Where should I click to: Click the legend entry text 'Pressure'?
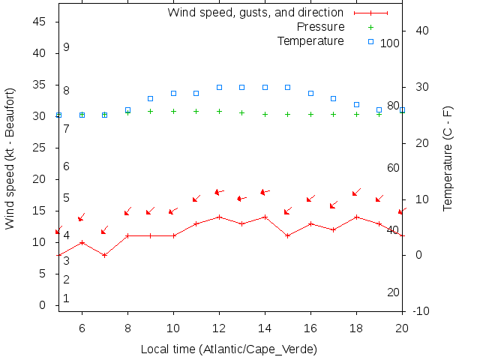pyautogui.click(x=320, y=27)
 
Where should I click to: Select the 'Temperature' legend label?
pyautogui.click(x=310, y=40)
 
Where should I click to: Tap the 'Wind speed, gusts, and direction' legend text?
pyautogui.click(x=255, y=13)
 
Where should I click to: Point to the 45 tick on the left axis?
pyautogui.click(x=42, y=22)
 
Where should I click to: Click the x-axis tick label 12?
pyautogui.click(x=219, y=327)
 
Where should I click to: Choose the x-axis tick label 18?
pyautogui.click(x=356, y=327)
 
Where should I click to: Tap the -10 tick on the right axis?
pyautogui.click(x=421, y=311)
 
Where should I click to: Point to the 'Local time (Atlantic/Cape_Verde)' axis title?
pyautogui.click(x=229, y=349)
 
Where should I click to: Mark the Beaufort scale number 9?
pyautogui.click(x=66, y=47)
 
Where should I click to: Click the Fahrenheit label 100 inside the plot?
pyautogui.click(x=390, y=43)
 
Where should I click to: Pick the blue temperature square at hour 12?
pyautogui.click(x=219, y=87)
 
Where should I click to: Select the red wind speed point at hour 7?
pyautogui.click(x=105, y=255)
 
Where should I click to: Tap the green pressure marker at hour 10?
pyautogui.click(x=173, y=111)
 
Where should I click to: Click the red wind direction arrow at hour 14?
pyautogui.click(x=265, y=192)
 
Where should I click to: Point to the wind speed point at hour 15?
pyautogui.click(x=288, y=235)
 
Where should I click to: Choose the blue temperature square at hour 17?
pyautogui.click(x=334, y=98)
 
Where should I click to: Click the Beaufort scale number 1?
pyautogui.click(x=66, y=298)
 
